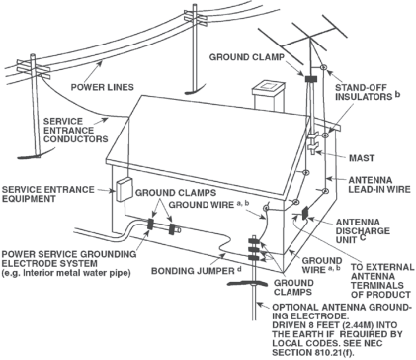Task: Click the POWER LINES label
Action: [x=103, y=87]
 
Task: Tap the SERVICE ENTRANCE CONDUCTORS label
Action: [x=76, y=131]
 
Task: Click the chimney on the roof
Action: [x=268, y=95]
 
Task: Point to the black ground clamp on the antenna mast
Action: [x=310, y=79]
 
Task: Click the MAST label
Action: [x=362, y=158]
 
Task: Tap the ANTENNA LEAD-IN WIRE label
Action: [x=379, y=185]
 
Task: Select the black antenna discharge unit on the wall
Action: [x=305, y=213]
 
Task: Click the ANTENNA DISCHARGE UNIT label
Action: [x=363, y=231]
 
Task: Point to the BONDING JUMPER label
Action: [x=193, y=271]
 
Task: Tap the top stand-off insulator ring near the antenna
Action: [x=323, y=67]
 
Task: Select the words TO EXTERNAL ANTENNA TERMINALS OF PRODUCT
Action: [x=382, y=281]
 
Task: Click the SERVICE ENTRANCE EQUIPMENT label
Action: [x=48, y=194]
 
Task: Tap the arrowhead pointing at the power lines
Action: [x=99, y=64]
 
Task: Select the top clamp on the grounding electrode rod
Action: [x=254, y=241]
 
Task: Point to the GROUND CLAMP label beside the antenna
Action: [x=247, y=57]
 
